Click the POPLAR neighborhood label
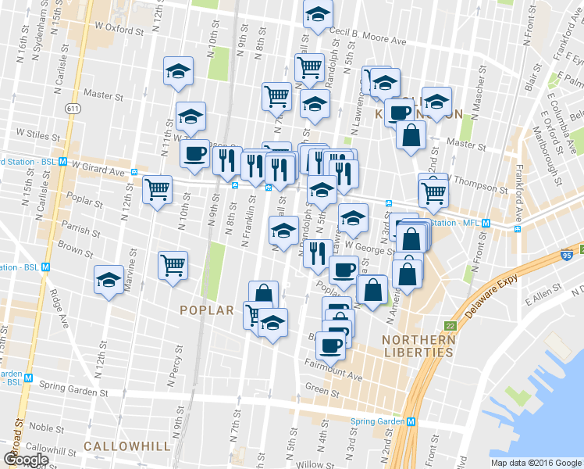pyautogui.click(x=207, y=310)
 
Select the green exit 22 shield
pyautogui.click(x=450, y=326)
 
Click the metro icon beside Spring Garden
pyautogui.click(x=410, y=421)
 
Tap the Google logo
pyautogui.click(x=26, y=459)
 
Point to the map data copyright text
pyautogui.click(x=536, y=463)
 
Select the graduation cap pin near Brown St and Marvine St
pyautogui.click(x=109, y=280)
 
